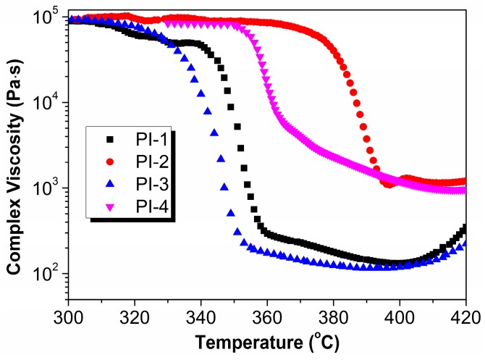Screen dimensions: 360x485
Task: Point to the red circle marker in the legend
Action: point(110,162)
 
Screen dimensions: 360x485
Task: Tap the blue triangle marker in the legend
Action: point(110,185)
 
